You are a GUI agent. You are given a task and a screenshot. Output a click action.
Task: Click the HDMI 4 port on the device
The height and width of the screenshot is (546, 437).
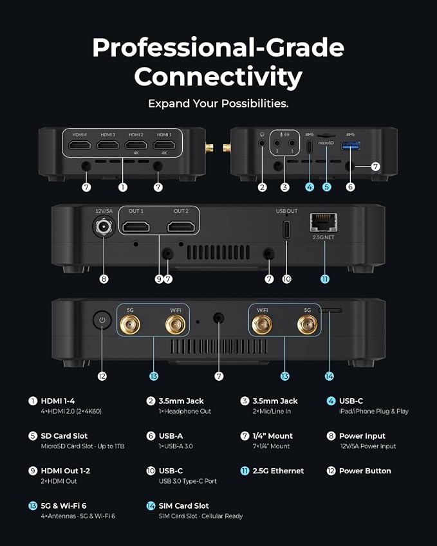[80, 145]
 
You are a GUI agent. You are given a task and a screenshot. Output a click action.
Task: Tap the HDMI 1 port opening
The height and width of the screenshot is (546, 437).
[164, 145]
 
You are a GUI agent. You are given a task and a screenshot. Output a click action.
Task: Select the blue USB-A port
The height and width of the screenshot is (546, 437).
[350, 145]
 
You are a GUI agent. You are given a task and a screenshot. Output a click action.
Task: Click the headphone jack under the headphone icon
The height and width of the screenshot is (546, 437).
[262, 143]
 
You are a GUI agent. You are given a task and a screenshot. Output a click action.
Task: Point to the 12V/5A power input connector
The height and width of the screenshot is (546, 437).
[104, 226]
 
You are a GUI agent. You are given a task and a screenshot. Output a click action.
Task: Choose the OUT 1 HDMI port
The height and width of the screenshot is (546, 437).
[136, 226]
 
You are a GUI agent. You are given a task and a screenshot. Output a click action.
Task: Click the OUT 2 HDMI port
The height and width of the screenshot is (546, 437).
[181, 226]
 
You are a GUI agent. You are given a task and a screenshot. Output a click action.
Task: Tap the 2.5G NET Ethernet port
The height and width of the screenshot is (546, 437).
[323, 223]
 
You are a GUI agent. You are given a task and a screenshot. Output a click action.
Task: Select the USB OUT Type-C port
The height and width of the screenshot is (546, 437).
[286, 230]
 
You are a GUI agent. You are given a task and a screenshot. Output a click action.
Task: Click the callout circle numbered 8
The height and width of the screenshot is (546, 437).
[104, 279]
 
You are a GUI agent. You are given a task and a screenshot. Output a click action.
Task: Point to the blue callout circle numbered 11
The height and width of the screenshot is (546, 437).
[324, 279]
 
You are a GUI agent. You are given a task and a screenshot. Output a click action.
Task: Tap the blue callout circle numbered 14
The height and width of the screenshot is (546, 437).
[329, 376]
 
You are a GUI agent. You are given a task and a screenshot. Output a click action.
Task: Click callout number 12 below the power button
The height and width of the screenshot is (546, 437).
[102, 376]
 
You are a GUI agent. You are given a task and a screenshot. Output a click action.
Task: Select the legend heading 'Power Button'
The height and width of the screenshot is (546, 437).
[365, 471]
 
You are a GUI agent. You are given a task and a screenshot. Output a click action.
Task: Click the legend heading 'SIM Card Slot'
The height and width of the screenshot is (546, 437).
[183, 505]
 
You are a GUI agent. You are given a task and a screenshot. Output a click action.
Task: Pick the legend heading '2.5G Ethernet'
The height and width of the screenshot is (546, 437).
[278, 471]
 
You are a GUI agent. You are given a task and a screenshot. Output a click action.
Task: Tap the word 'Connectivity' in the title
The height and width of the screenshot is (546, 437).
[218, 77]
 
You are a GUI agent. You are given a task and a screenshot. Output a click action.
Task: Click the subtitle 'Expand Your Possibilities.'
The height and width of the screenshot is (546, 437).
[218, 104]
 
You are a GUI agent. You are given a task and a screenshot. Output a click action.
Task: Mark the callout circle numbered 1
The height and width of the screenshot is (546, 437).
[122, 187]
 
